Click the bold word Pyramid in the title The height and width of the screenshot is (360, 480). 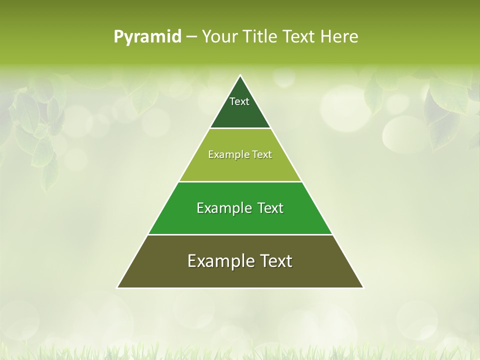[x=147, y=37]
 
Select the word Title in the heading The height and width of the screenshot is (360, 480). [x=262, y=37]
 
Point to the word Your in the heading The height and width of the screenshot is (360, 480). [x=219, y=37]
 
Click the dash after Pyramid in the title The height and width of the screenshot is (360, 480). [x=191, y=37]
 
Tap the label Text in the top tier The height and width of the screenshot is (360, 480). [x=239, y=101]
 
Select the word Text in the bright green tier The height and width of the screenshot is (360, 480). [x=270, y=208]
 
